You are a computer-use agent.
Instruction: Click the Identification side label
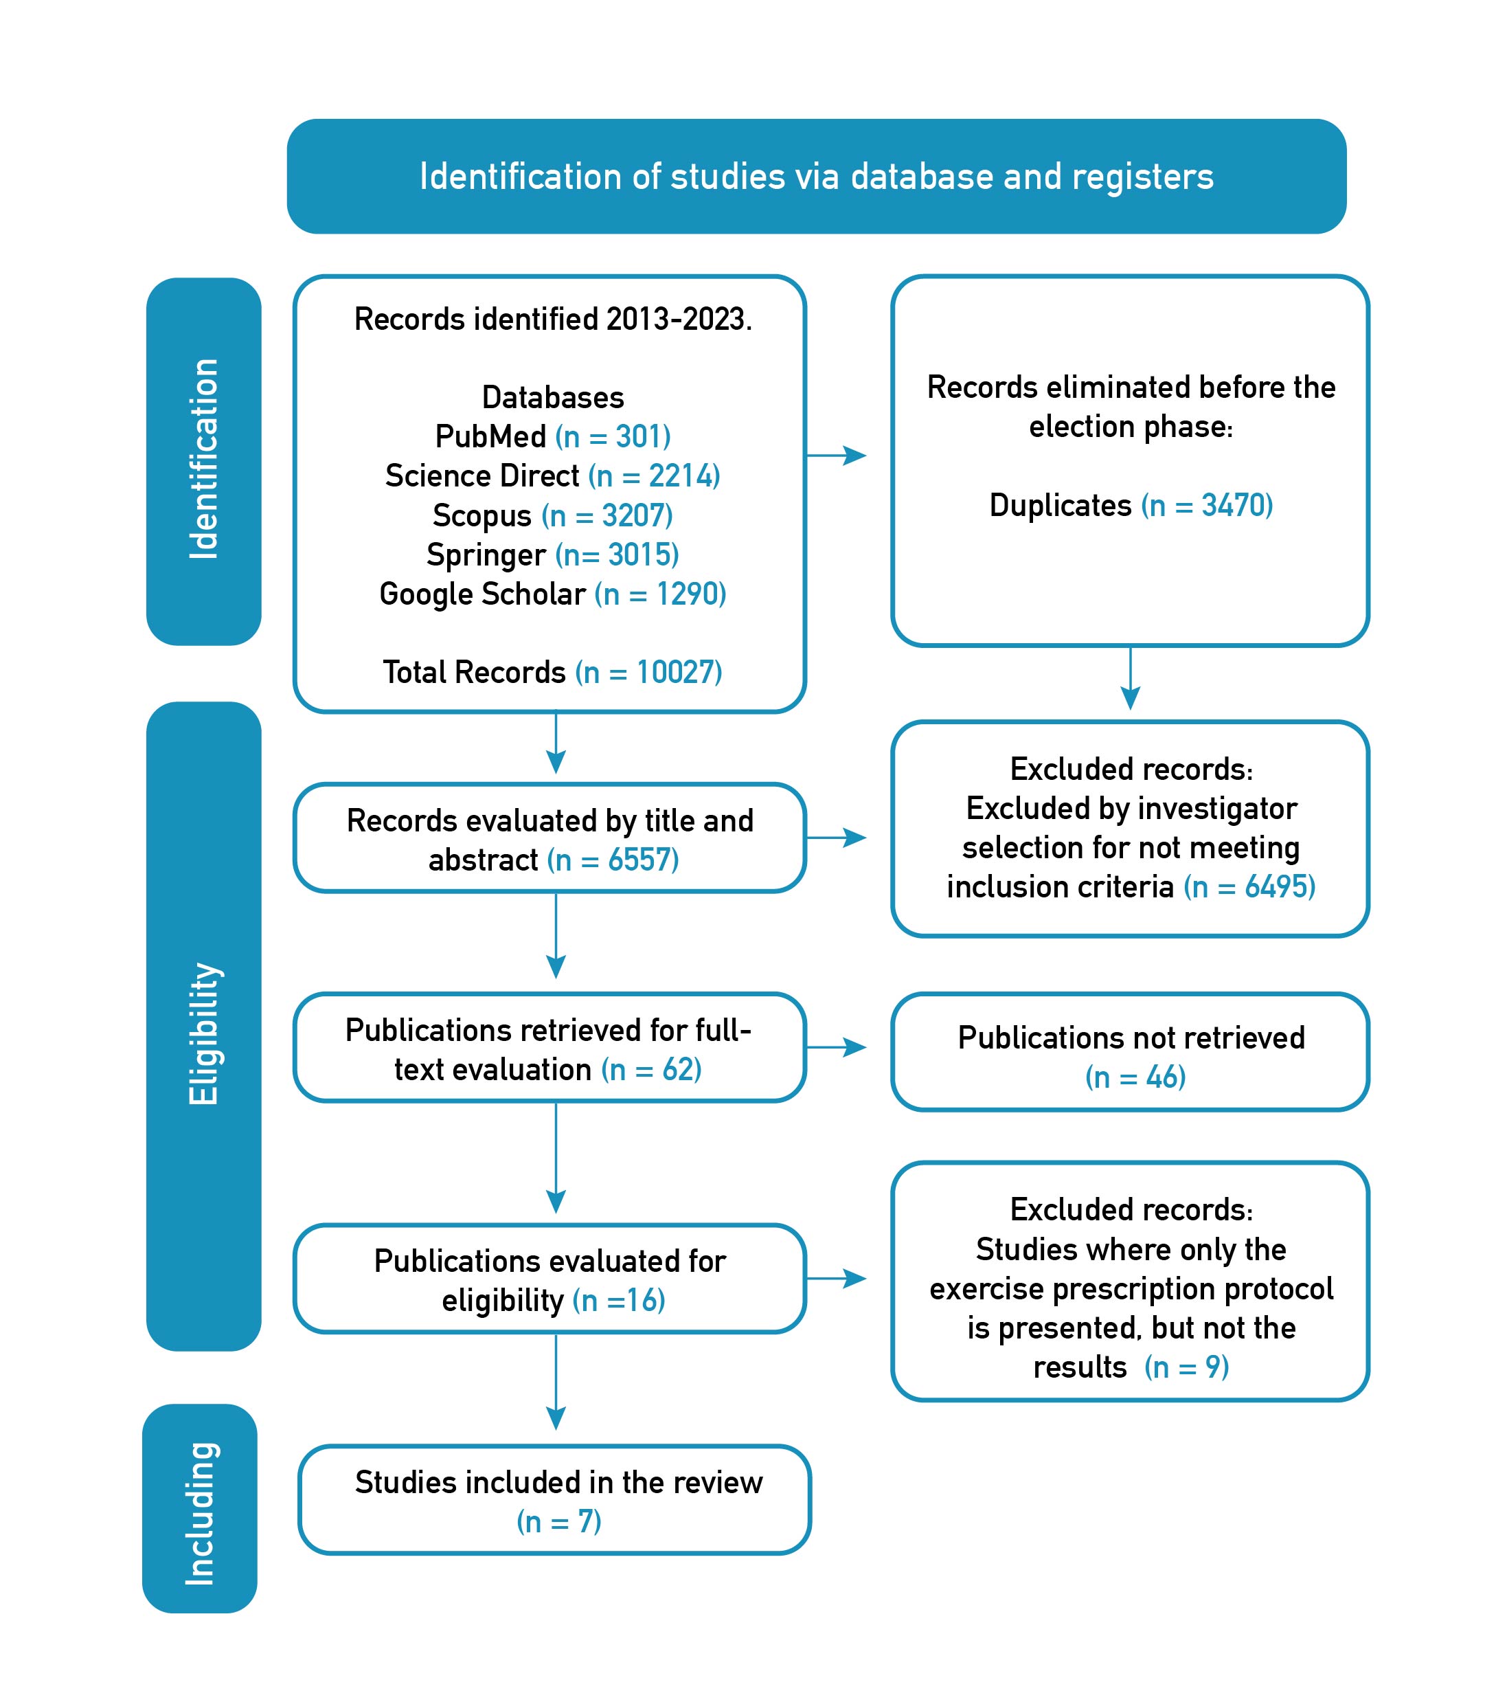tap(204, 459)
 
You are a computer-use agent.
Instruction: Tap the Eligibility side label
tap(204, 1033)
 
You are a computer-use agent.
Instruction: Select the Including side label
tap(201, 1513)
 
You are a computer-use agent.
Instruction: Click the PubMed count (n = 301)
tap(613, 436)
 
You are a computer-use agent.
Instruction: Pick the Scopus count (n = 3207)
tap(607, 515)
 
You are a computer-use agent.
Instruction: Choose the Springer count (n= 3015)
tap(617, 555)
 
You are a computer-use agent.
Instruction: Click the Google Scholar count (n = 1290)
tap(660, 594)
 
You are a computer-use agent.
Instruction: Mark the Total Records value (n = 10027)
tap(648, 672)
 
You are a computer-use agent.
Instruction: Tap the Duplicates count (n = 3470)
tap(1207, 506)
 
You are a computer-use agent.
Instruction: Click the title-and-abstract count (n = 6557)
tap(613, 860)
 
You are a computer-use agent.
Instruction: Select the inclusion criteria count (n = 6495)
tap(1249, 887)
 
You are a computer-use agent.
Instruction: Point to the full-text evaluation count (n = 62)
tap(652, 1069)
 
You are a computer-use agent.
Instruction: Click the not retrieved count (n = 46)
tap(1135, 1077)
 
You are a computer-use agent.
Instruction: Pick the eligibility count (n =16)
tap(619, 1301)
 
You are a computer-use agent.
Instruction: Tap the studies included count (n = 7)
tap(558, 1521)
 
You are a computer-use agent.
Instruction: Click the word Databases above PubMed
tap(553, 397)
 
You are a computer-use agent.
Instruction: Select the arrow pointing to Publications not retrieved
tap(837, 1047)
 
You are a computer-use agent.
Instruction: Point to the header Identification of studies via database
tap(816, 177)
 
